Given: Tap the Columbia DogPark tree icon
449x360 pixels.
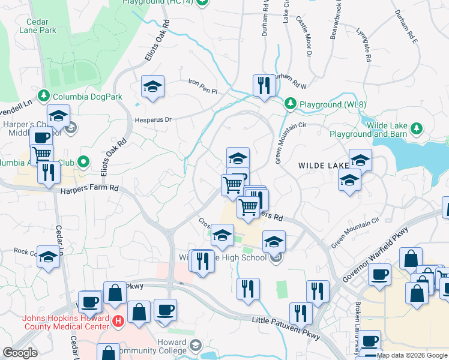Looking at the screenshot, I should [x=43, y=95].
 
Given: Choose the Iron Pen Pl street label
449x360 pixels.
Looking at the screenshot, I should [x=202, y=82].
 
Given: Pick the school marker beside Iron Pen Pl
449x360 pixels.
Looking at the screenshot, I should [x=152, y=87].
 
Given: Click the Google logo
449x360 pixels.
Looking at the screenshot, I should [x=20, y=353].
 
